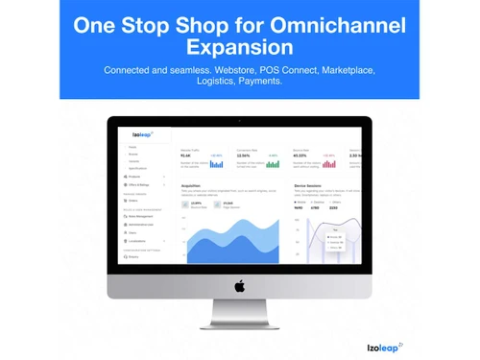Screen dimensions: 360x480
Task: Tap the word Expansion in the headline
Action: [x=239, y=47]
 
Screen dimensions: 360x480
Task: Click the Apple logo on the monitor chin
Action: [x=240, y=285]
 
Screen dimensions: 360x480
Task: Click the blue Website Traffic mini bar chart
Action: [x=216, y=163]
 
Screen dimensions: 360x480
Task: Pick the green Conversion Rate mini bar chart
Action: [x=273, y=163]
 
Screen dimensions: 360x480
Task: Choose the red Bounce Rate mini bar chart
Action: [x=328, y=163]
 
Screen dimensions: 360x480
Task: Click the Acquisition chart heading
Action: [x=191, y=186]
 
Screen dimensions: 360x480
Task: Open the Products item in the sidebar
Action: [x=135, y=177]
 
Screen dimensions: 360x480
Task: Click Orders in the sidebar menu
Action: [x=133, y=200]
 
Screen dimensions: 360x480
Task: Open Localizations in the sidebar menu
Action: [x=138, y=240]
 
